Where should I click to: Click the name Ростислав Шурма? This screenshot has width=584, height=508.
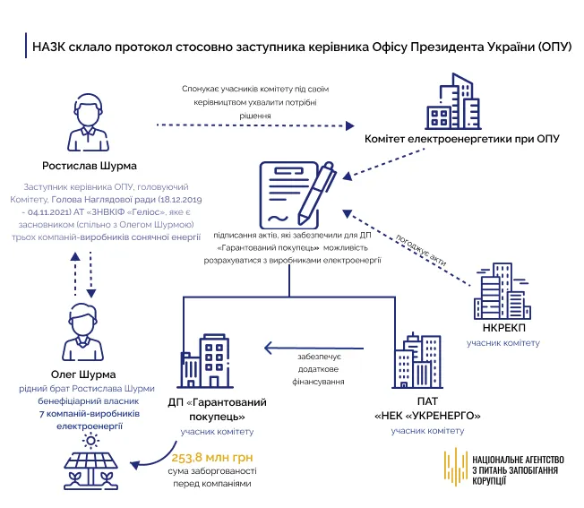point(88,166)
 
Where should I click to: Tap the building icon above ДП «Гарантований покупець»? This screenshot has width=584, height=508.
point(209,362)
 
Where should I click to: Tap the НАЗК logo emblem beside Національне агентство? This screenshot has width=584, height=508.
point(454,467)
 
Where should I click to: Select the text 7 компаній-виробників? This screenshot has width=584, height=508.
point(76,415)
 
